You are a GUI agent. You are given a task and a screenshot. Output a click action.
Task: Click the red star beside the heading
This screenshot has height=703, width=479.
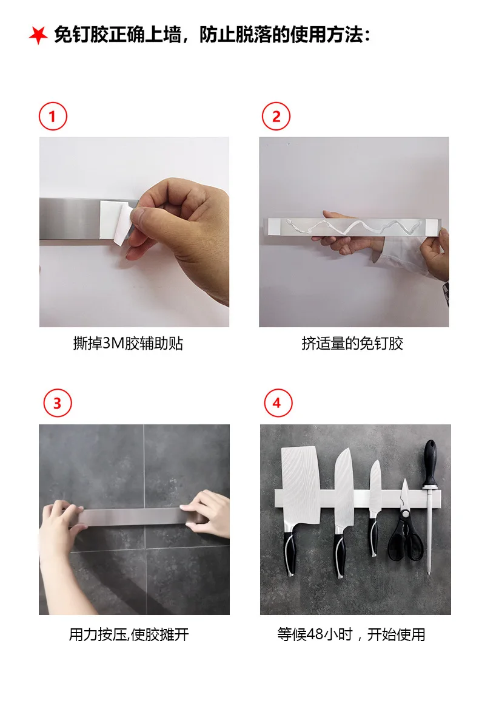[x=38, y=35]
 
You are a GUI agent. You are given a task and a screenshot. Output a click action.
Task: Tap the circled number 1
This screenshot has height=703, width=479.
[x=53, y=116]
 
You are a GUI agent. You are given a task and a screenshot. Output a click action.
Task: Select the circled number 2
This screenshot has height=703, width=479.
[x=276, y=116]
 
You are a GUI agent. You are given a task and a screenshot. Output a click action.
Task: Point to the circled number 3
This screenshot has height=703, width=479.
[x=58, y=403]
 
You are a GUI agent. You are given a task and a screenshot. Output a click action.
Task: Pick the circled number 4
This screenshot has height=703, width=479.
[x=278, y=402]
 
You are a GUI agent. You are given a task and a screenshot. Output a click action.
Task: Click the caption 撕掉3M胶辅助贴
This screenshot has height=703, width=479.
[x=128, y=344]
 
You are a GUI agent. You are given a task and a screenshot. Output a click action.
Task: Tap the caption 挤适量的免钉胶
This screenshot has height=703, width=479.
[x=352, y=344]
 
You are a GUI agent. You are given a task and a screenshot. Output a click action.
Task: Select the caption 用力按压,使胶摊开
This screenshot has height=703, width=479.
[x=129, y=634]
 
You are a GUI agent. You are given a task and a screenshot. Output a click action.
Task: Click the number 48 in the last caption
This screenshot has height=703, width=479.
[x=315, y=634]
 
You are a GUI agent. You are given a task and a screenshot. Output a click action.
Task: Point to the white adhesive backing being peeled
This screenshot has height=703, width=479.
[x=115, y=222]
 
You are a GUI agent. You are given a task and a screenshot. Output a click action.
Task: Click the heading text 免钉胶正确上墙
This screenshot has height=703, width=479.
[x=117, y=35]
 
